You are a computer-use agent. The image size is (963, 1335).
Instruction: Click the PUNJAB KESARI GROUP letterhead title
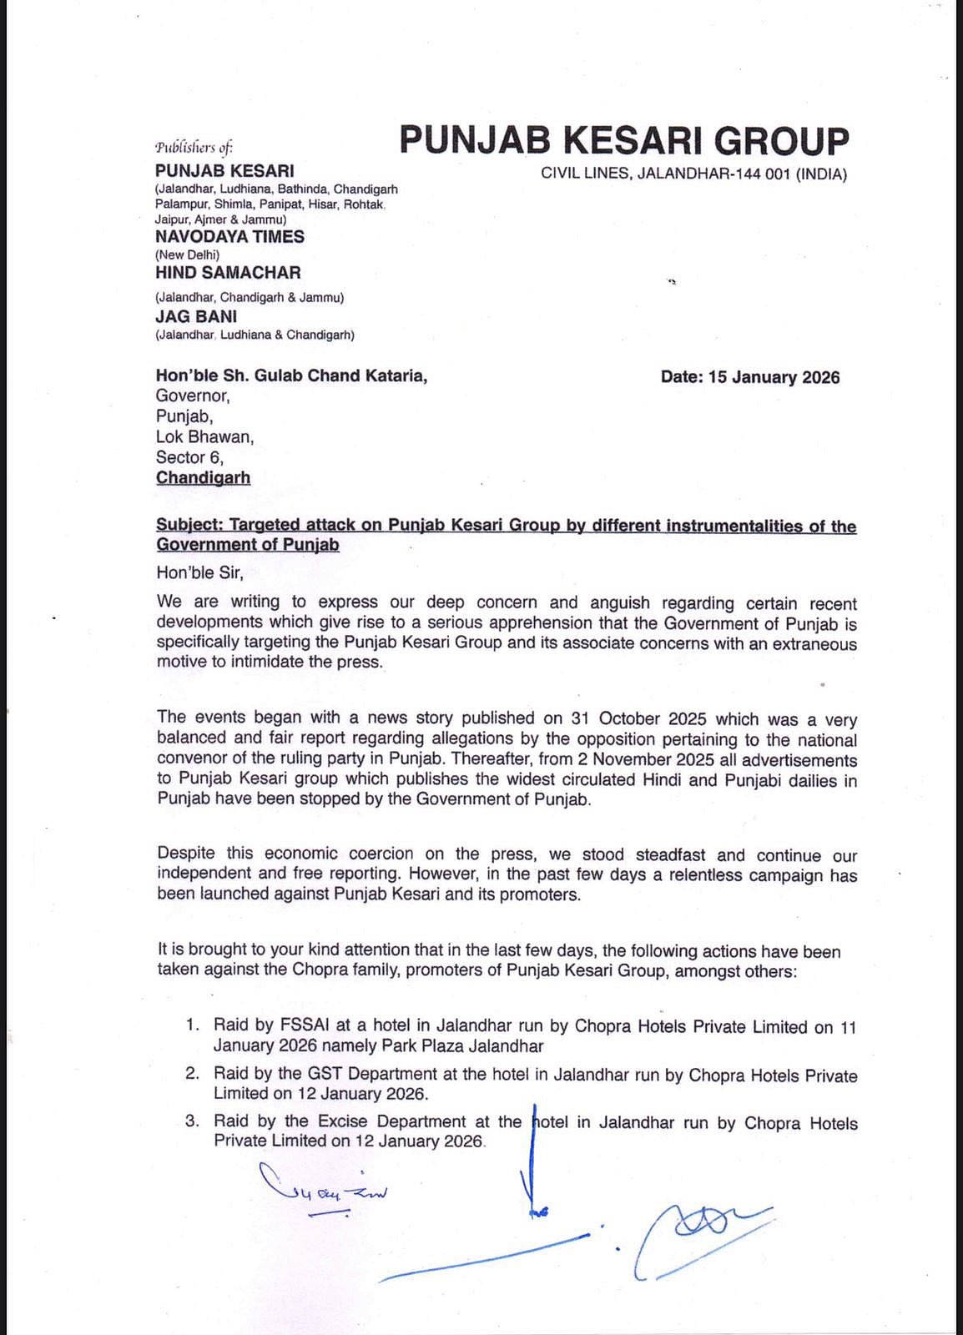pos(623,141)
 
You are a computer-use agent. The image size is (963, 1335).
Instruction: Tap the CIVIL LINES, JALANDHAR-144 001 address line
pos(693,175)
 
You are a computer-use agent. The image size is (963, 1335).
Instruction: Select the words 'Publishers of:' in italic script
pos(194,148)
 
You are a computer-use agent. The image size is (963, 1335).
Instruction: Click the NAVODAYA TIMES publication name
pos(229,237)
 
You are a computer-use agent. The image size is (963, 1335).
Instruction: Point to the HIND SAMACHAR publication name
pos(228,273)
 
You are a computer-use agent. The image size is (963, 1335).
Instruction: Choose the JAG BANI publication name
pos(196,317)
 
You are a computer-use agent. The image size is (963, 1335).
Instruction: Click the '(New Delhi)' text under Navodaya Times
pos(187,254)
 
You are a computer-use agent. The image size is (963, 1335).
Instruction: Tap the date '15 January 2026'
pos(774,377)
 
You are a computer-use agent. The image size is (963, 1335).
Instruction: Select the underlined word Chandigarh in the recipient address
pos(203,478)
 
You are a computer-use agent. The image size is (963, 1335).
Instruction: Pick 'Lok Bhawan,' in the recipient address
pos(204,437)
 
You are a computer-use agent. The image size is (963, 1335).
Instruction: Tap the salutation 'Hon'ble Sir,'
pos(199,572)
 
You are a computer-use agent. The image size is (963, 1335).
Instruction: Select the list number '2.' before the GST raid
pos(193,1074)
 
